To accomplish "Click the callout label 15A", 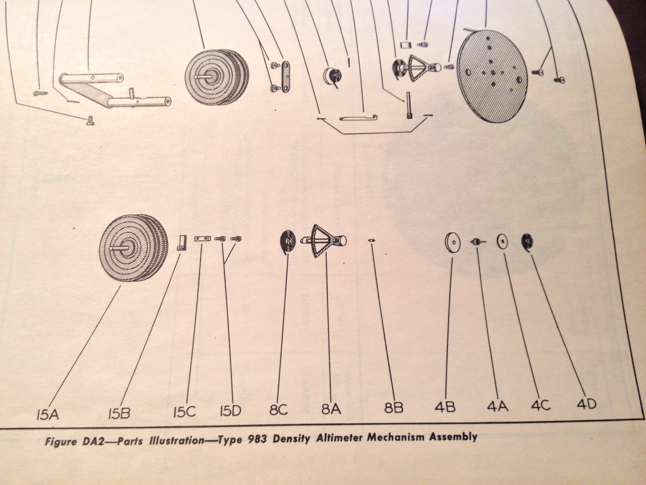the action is [x=48, y=414].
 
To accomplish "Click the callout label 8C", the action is [x=279, y=410].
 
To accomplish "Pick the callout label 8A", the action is [x=331, y=409].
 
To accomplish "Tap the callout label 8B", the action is [x=394, y=408].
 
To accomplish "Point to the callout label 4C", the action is [x=541, y=405].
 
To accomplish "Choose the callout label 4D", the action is [x=586, y=404].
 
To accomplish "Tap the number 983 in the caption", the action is [x=257, y=439].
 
